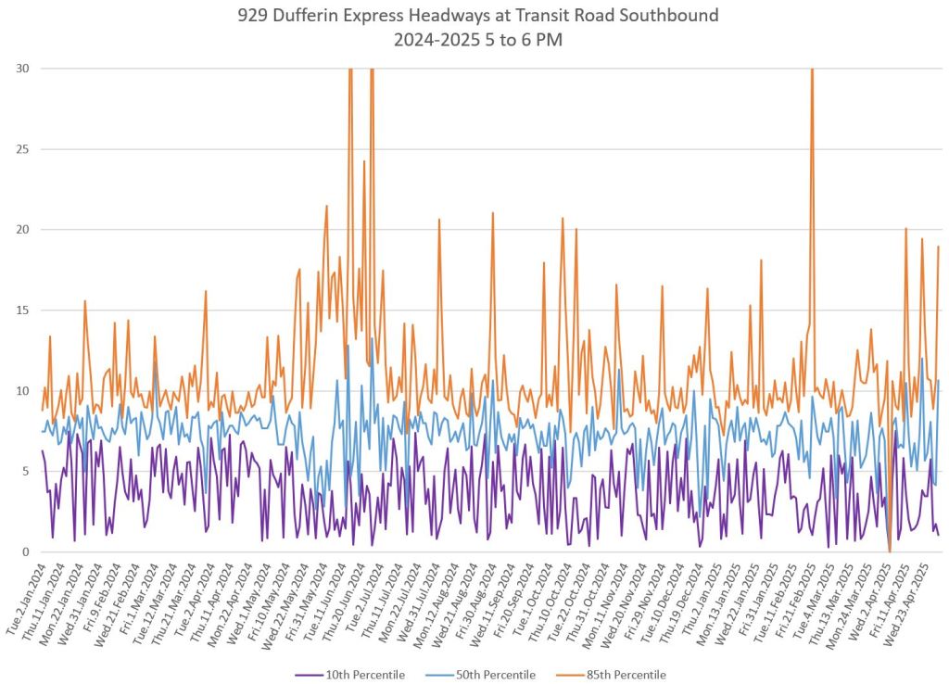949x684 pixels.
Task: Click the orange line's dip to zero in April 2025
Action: click(890, 551)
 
